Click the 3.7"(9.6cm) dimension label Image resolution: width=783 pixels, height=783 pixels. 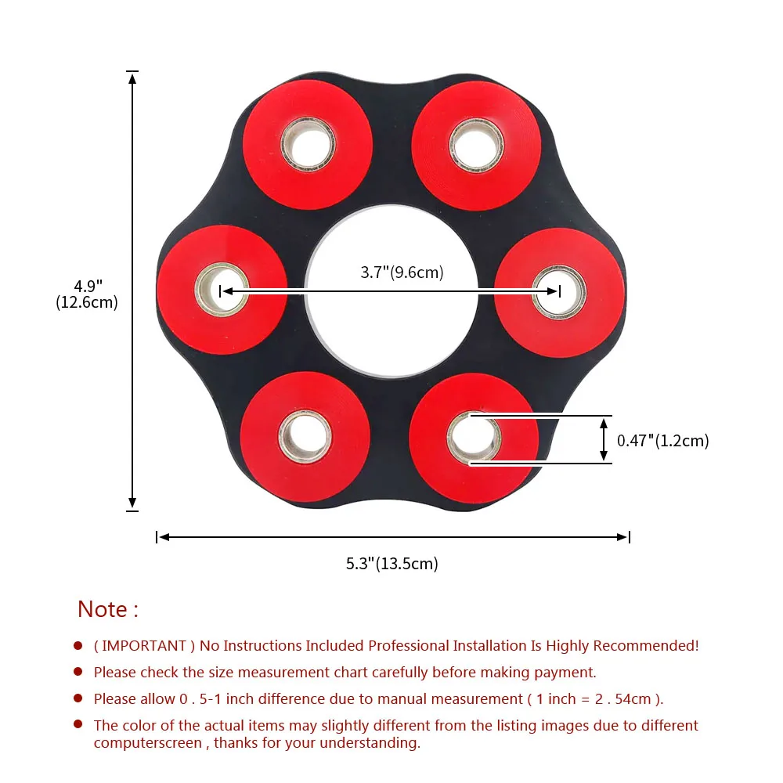[402, 272]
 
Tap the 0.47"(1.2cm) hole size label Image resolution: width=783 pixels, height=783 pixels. [662, 441]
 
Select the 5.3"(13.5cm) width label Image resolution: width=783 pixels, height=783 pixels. [392, 563]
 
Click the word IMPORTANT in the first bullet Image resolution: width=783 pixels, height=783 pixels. [140, 646]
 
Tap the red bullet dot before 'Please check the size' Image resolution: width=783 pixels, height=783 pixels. [78, 672]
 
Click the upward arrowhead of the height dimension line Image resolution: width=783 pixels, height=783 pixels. [132, 77]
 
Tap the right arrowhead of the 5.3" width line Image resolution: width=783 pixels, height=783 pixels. [622, 537]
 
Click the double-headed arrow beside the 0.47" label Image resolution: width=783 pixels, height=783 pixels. [603, 440]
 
